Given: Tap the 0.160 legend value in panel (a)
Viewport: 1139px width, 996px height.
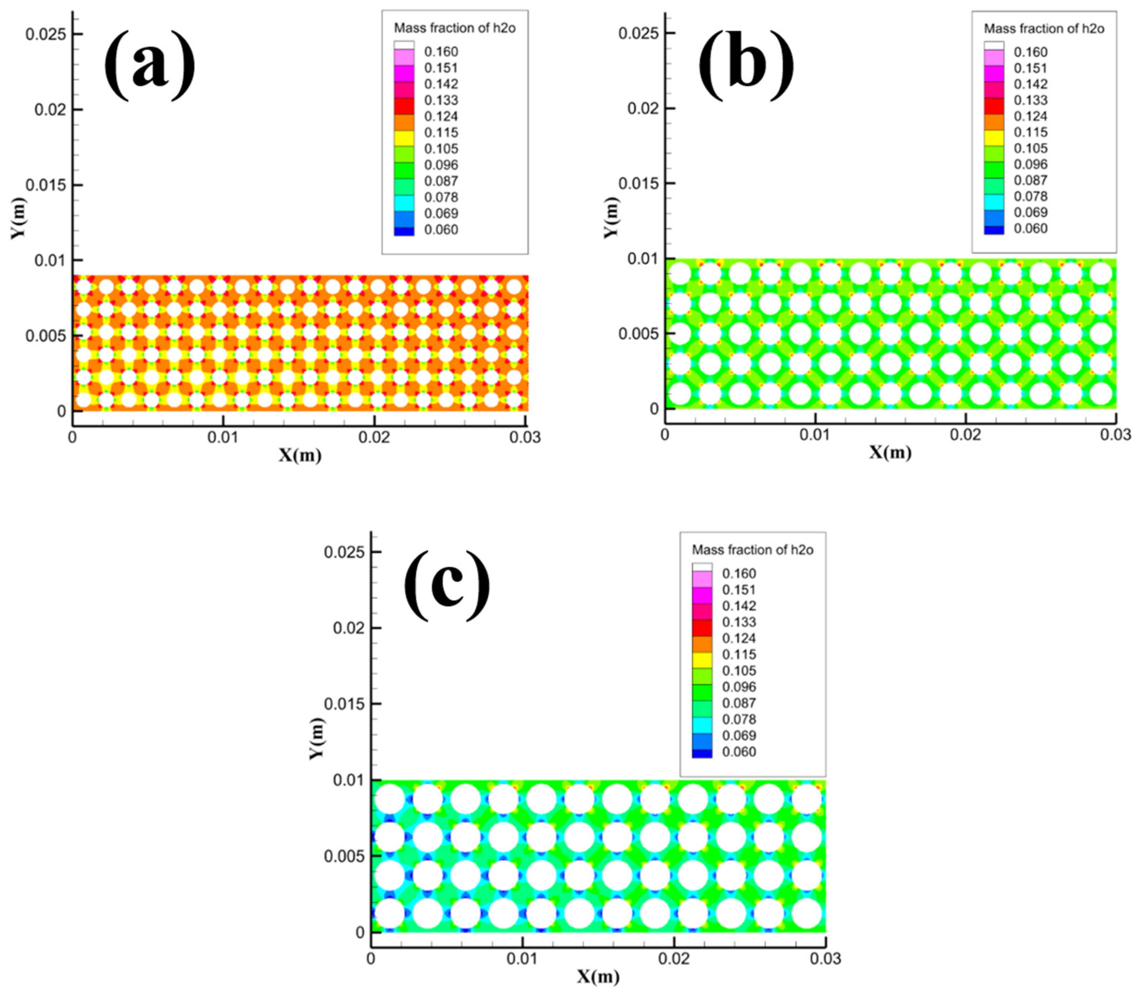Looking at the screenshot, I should [x=441, y=52].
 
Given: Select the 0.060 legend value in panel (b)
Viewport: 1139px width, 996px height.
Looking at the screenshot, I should [x=1030, y=228].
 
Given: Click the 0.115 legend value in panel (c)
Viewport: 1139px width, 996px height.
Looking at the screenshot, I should [x=739, y=654].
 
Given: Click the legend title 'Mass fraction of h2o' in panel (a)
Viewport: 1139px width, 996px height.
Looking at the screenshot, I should [x=455, y=28].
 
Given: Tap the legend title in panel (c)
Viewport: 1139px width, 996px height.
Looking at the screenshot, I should [x=752, y=550].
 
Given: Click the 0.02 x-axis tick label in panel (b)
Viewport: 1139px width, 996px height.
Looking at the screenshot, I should [x=966, y=435].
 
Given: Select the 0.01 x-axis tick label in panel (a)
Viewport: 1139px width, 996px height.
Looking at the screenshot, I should [x=223, y=438].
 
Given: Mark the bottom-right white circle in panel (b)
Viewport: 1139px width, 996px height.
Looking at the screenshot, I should [x=1101, y=394].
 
